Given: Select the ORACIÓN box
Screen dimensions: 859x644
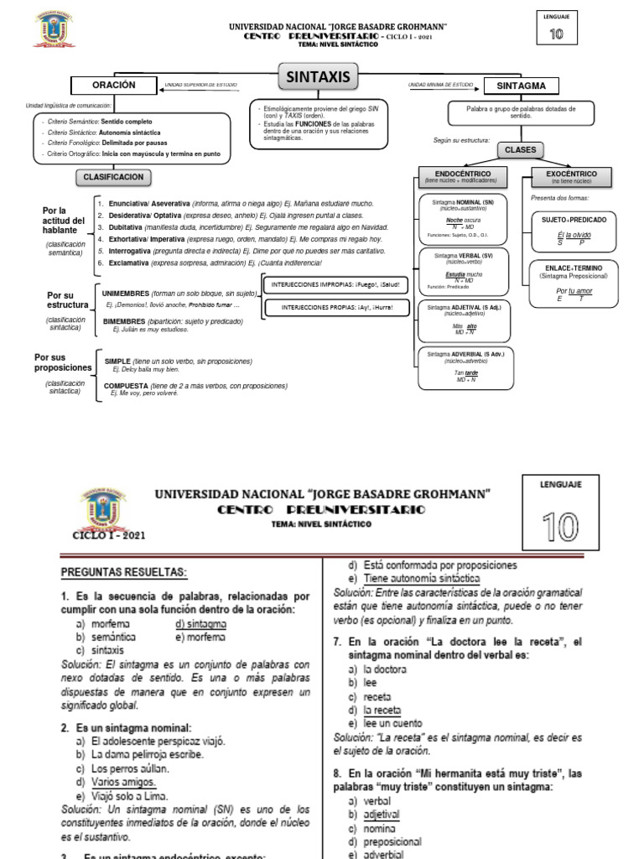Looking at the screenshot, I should (x=114, y=86).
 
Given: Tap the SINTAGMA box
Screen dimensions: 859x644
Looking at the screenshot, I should (x=522, y=86).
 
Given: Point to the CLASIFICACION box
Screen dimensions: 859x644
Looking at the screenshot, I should (x=114, y=177).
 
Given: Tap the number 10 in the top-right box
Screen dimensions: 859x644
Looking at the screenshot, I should (x=556, y=34).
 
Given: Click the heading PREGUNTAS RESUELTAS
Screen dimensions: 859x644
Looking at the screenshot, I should (x=124, y=572).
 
